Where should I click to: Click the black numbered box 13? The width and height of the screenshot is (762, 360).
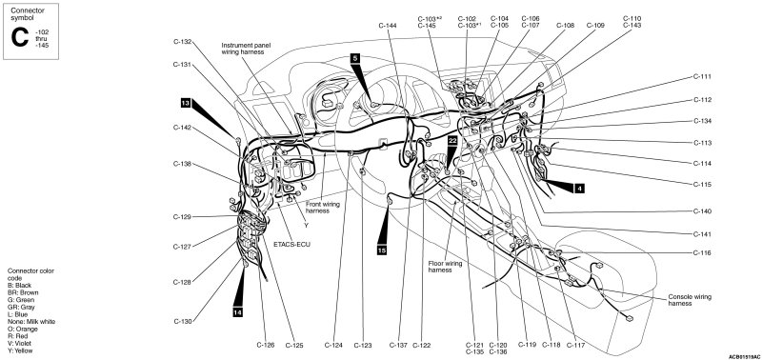(185, 103)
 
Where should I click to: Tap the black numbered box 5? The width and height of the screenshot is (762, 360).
(354, 58)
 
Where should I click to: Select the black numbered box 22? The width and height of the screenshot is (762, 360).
(453, 140)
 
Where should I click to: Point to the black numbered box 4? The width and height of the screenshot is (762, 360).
(579, 189)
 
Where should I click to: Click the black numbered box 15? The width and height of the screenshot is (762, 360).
(382, 250)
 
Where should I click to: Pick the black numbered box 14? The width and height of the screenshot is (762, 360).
(237, 313)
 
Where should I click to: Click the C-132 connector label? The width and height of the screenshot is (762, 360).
(182, 42)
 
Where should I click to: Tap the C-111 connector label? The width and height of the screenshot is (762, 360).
(702, 77)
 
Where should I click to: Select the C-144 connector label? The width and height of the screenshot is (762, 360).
(389, 26)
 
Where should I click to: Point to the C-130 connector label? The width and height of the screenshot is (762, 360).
(183, 321)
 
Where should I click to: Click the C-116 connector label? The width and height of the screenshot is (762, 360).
(702, 253)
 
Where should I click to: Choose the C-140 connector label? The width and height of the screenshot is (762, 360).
(702, 211)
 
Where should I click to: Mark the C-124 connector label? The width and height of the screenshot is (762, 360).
(334, 346)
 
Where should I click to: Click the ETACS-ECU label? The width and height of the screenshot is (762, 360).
(291, 245)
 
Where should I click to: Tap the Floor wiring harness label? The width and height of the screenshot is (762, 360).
(445, 267)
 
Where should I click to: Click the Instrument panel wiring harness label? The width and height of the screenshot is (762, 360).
(246, 49)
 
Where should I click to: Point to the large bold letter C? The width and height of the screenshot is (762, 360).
(20, 38)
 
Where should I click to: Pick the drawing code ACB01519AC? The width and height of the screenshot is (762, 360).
(744, 356)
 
